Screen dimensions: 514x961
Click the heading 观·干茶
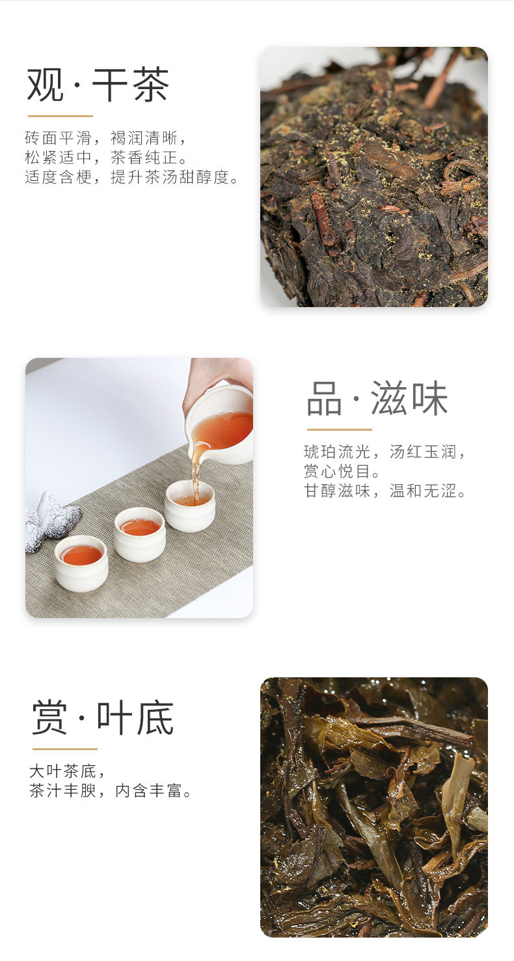click(98, 85)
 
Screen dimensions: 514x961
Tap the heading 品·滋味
click(377, 398)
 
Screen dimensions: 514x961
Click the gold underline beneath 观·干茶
click(61, 116)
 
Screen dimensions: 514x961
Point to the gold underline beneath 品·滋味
click(340, 429)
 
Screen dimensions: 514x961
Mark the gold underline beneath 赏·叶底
click(65, 749)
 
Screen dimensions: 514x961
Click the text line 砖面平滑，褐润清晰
click(105, 138)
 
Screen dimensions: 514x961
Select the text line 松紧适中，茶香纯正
click(106, 157)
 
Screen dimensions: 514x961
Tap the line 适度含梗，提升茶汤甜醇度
click(131, 177)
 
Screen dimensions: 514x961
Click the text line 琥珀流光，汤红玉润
click(385, 452)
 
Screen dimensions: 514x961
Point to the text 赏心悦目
click(342, 471)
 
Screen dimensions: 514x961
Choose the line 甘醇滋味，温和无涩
click(385, 491)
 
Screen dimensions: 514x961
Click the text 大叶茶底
click(67, 772)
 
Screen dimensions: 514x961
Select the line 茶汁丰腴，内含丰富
click(110, 791)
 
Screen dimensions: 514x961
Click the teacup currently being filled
click(190, 506)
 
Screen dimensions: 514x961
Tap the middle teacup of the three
click(140, 534)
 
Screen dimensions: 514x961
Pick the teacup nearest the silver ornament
click(81, 563)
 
